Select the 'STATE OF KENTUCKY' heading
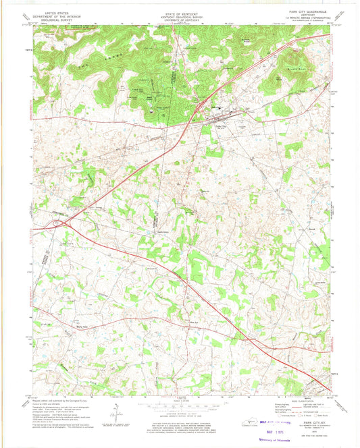click(x=179, y=12)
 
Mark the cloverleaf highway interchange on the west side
click(x=59, y=221)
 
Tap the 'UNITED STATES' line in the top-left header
click(x=59, y=12)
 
